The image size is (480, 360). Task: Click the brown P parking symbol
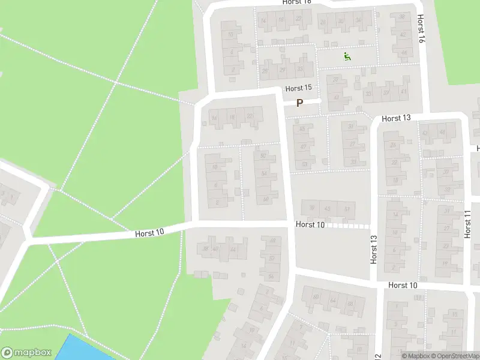click(299, 103)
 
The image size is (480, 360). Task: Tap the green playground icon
click(347, 57)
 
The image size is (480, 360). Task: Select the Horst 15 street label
click(299, 88)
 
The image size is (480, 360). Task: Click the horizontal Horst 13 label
click(395, 118)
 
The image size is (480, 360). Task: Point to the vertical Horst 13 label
click(374, 249)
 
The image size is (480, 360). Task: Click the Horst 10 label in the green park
click(149, 232)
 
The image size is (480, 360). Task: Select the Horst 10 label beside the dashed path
click(310, 225)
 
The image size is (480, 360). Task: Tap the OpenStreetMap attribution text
click(454, 356)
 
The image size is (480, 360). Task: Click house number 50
click(263, 155)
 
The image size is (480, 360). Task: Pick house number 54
click(264, 174)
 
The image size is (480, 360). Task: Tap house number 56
click(266, 199)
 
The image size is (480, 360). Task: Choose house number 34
click(359, 22)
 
